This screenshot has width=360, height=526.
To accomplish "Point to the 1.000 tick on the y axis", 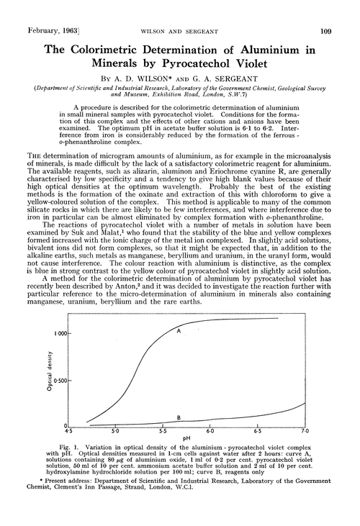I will point(59,335).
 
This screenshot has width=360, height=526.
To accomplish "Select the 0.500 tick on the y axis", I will point(59,381).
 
